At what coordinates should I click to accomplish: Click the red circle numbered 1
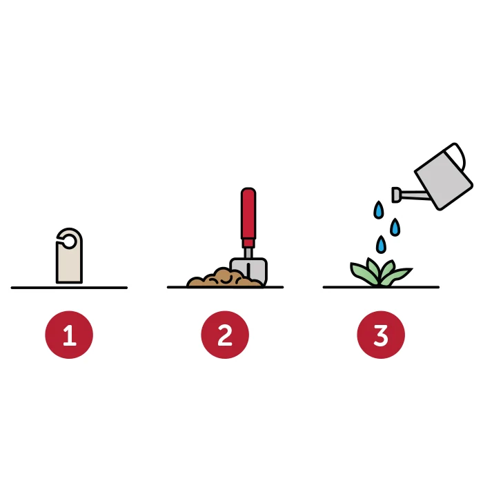69,335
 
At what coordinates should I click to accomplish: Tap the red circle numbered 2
225,335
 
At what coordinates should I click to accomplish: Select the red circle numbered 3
381,335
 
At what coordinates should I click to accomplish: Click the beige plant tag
69,262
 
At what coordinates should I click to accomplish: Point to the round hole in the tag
69,241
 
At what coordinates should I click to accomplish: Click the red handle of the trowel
248,217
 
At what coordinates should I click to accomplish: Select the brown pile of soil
224,278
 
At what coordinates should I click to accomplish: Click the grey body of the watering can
444,178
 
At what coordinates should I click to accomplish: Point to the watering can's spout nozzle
396,195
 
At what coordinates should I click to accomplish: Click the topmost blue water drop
379,210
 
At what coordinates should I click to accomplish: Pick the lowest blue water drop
381,244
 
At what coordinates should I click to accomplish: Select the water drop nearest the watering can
395,227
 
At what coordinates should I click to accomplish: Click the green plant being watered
381,273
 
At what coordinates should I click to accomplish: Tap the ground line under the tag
69,288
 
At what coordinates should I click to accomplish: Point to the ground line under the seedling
381,287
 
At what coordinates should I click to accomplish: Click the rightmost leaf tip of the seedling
411,269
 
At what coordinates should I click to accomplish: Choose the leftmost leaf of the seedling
362,273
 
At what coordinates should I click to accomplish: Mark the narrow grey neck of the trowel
248,253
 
